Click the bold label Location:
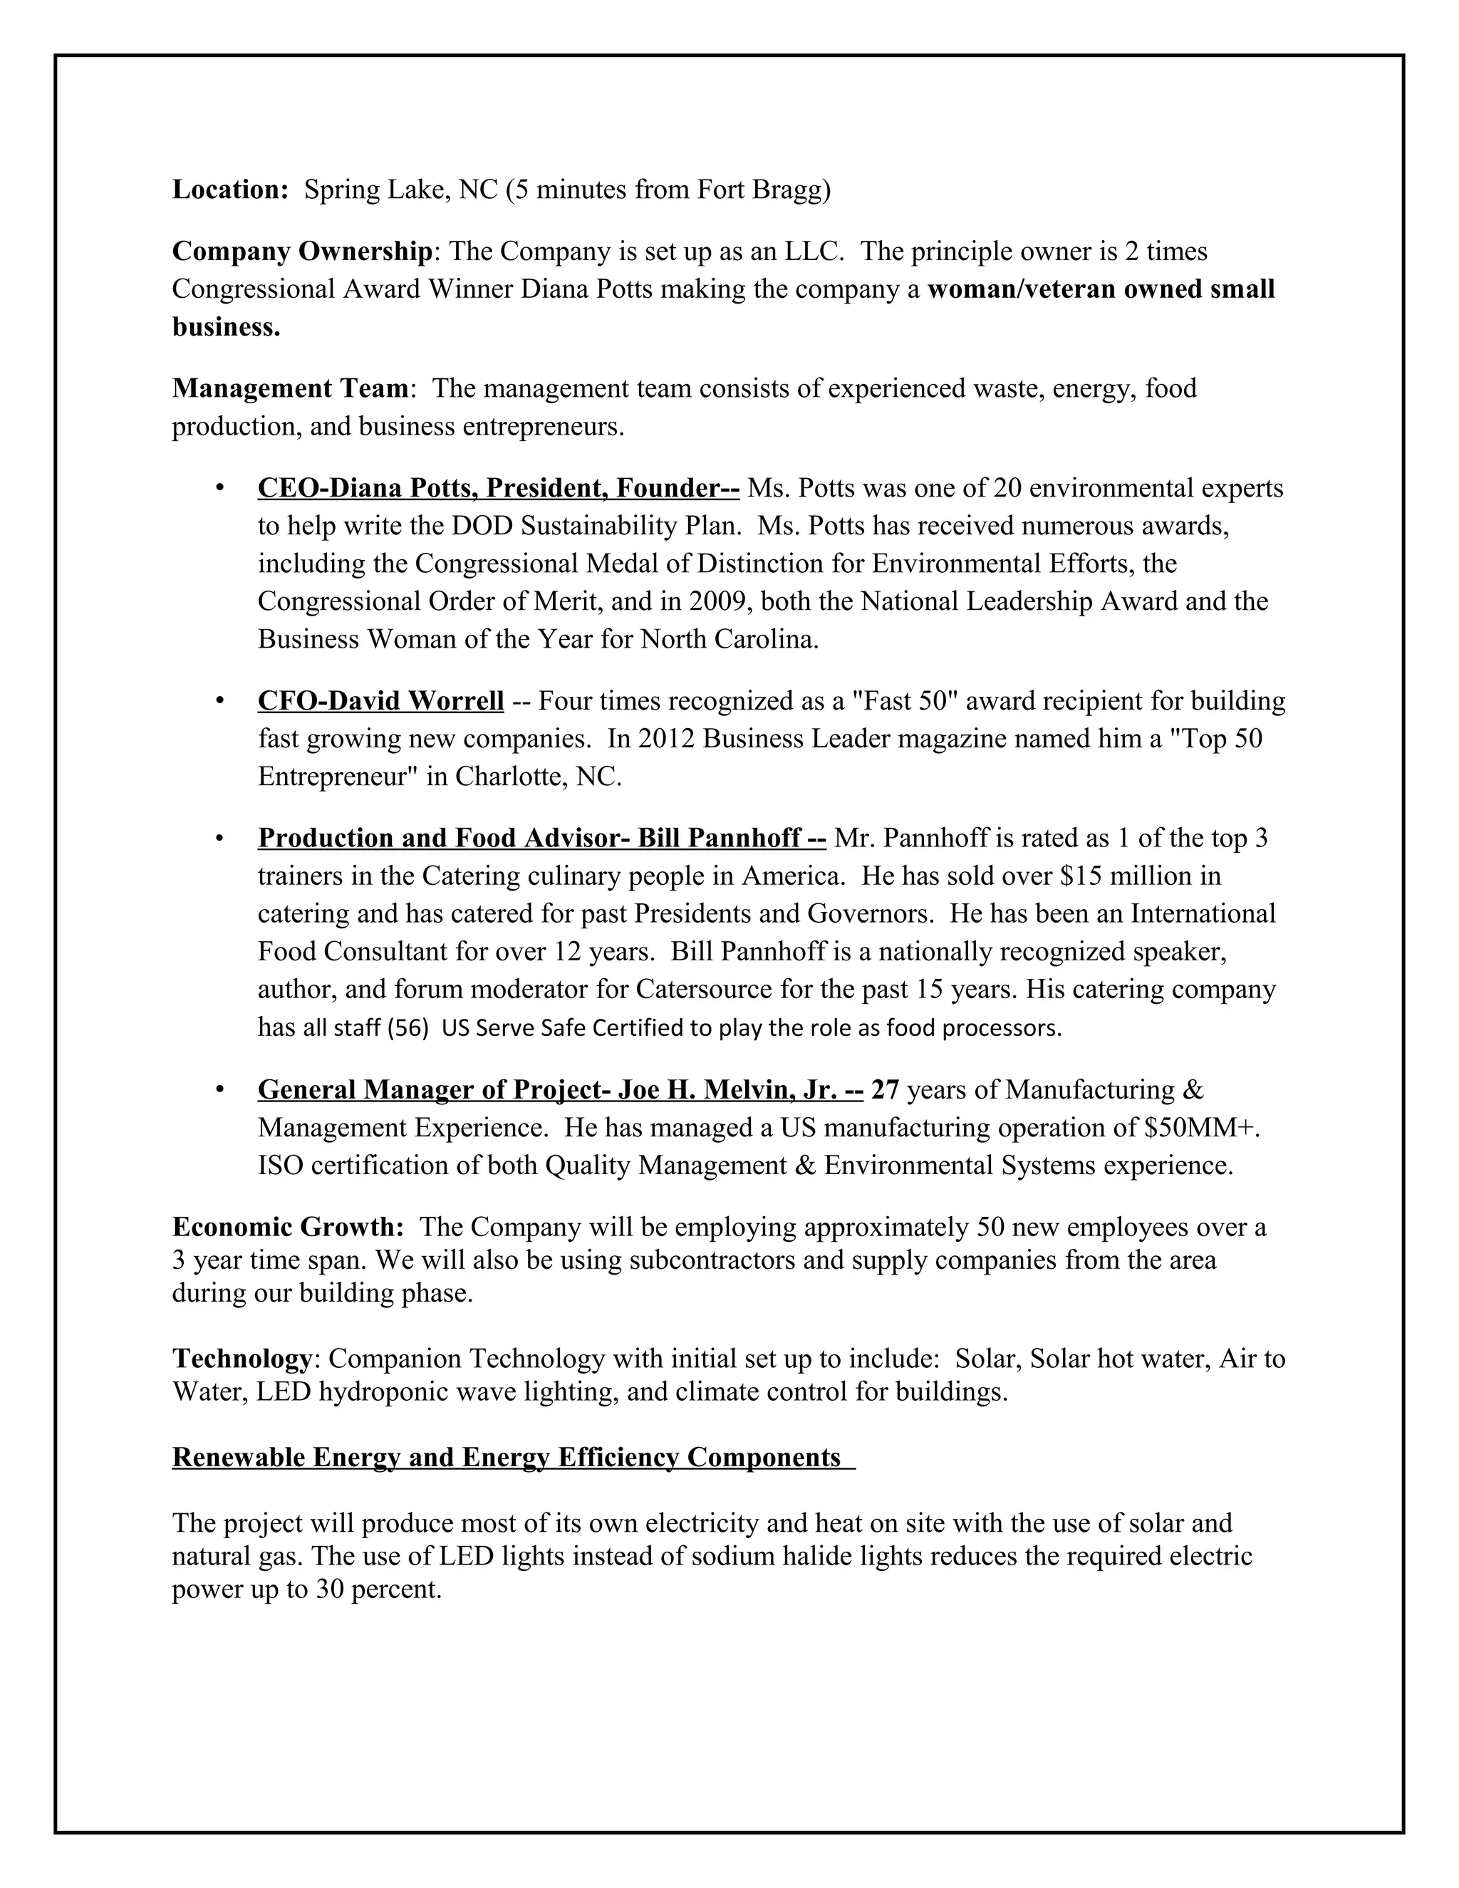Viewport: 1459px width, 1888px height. pyautogui.click(x=230, y=190)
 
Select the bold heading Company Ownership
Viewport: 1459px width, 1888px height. pyautogui.click(x=301, y=251)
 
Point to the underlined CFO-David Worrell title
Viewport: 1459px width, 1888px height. pyautogui.click(x=380, y=700)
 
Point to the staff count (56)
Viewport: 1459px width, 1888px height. pyautogui.click(x=408, y=1028)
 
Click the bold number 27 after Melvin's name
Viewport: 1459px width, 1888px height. pyautogui.click(x=885, y=1090)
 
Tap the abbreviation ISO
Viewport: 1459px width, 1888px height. pyautogui.click(x=280, y=1166)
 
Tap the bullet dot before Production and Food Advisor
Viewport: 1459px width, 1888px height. pyautogui.click(x=219, y=839)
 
